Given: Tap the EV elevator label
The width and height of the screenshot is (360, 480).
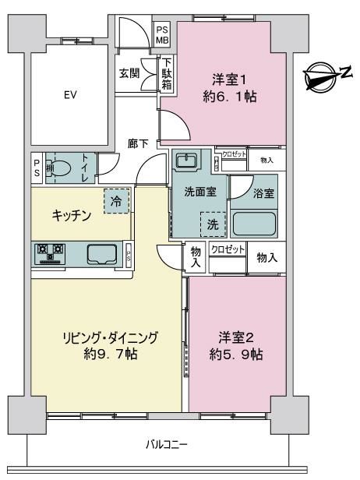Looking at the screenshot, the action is click(70, 95).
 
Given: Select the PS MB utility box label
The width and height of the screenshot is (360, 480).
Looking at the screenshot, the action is click(163, 35).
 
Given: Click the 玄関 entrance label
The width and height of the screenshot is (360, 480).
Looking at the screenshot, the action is click(129, 73).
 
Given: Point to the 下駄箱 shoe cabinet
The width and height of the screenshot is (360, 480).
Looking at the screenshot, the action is click(167, 74).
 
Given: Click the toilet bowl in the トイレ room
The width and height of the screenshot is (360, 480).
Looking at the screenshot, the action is click(62, 168).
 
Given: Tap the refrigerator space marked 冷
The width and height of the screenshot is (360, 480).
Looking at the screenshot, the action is click(116, 201).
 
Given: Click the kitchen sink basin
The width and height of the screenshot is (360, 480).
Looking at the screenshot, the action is click(102, 254).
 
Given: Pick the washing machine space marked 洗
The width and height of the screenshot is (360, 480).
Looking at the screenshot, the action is click(213, 224).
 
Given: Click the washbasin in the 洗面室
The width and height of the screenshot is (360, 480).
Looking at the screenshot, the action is click(186, 159).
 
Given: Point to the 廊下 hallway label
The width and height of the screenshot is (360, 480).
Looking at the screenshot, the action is click(139, 144).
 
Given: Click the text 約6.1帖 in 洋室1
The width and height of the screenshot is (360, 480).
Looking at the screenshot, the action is click(230, 97).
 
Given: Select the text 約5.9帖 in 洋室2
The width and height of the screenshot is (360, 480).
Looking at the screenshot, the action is click(236, 355).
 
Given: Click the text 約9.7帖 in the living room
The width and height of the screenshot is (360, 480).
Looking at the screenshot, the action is click(111, 355).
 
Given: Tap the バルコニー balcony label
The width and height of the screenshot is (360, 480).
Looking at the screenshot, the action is click(166, 444).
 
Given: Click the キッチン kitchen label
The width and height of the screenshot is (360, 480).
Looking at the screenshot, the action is click(72, 216).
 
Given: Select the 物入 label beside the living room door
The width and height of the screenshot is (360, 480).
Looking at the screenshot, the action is click(196, 257).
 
